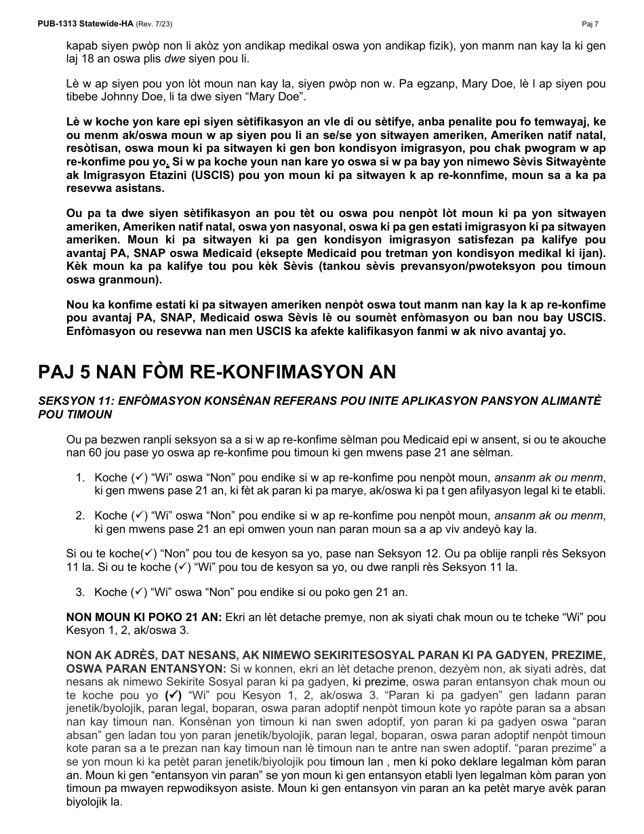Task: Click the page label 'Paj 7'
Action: tap(590, 24)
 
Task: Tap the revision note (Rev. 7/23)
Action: tap(155, 24)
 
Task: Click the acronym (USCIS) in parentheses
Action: tap(182, 176)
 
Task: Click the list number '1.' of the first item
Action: tap(80, 478)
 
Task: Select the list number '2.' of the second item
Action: tap(80, 516)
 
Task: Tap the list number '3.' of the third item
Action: tap(80, 592)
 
